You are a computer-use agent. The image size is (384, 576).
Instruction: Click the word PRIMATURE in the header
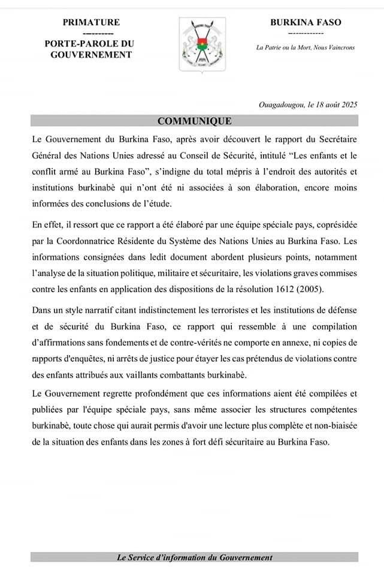91,22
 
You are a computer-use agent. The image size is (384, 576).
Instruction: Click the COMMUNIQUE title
194,121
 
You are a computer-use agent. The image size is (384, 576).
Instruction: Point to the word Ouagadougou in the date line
280,104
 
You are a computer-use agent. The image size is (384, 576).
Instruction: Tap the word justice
156,360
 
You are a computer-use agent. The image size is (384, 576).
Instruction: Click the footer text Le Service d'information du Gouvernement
195,557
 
